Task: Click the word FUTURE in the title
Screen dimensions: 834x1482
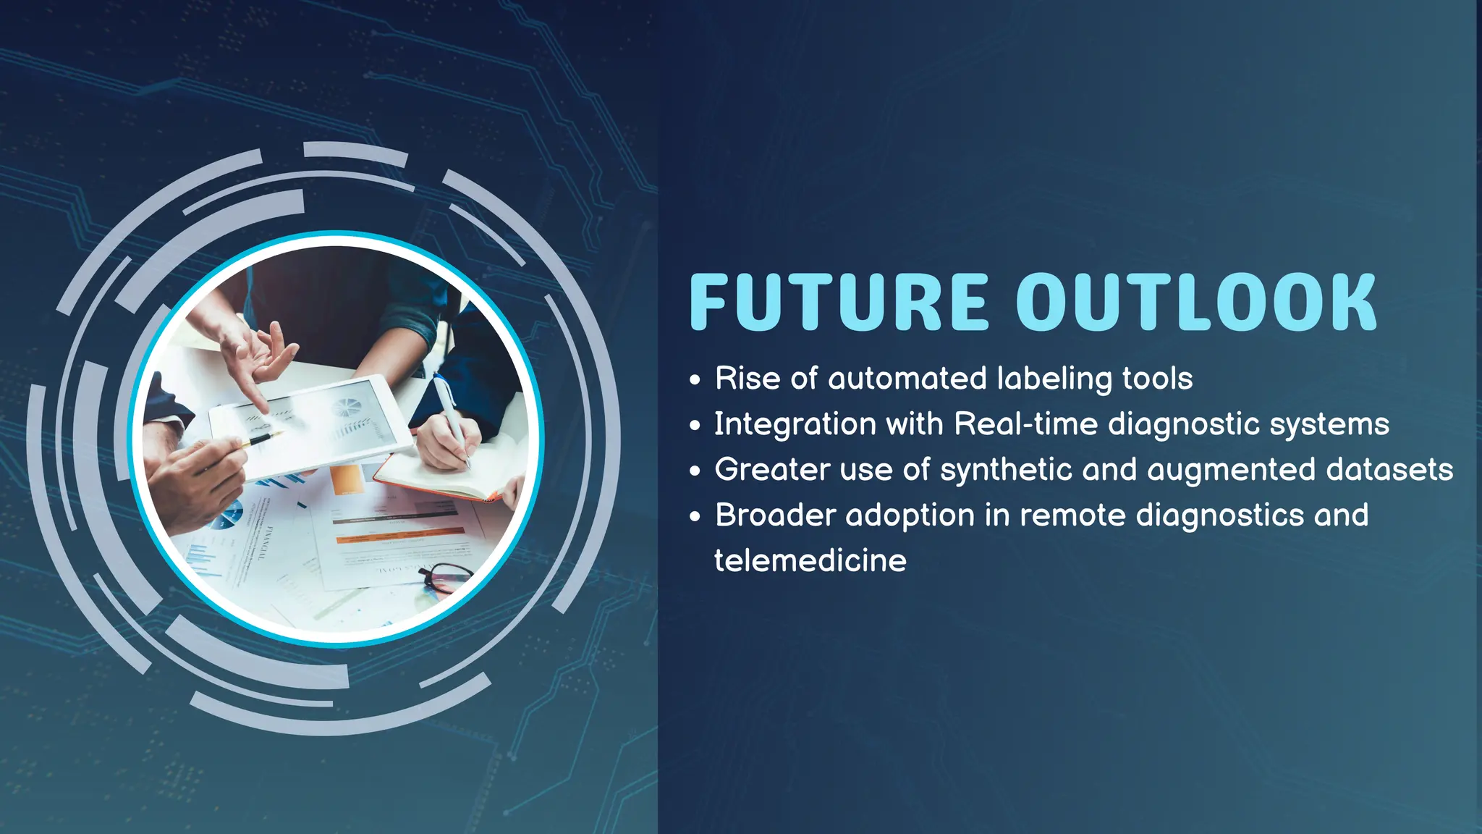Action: [839, 303]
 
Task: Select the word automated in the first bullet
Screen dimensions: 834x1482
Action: [907, 379]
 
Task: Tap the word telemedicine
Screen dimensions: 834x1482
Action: [810, 561]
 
